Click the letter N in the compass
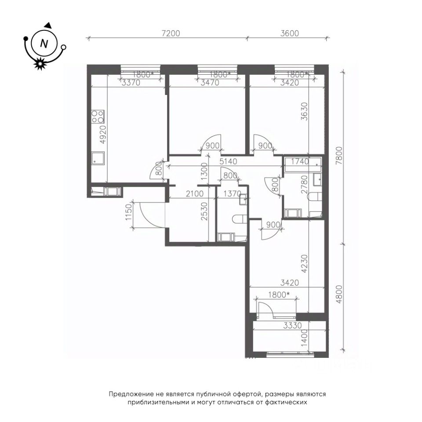point(44,44)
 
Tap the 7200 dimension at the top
point(171,33)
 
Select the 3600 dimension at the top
point(290,33)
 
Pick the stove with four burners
point(98,117)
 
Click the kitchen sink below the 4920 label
point(98,158)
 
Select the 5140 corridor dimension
point(228,161)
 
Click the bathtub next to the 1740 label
point(303,162)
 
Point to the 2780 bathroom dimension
point(304,185)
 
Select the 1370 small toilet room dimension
point(232,193)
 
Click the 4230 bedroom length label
point(304,264)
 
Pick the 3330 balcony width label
point(293,326)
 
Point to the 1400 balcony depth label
point(304,338)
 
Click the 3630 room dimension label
point(304,111)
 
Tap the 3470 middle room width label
point(210,83)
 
